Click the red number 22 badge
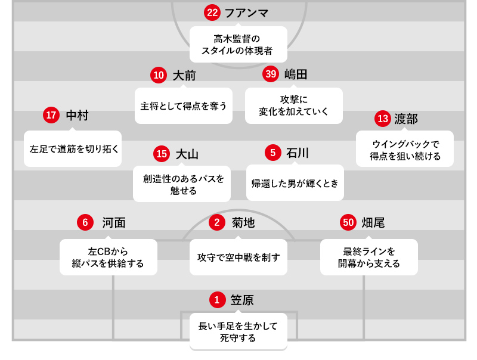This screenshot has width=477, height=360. [212, 13]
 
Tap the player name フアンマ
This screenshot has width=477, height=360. [246, 13]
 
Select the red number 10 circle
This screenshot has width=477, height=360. [158, 75]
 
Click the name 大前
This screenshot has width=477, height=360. [184, 76]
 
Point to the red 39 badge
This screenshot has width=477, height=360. [271, 74]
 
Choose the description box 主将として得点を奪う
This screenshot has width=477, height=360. [183, 106]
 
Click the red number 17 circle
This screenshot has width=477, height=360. [51, 115]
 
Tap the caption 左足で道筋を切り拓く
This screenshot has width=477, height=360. [73, 148]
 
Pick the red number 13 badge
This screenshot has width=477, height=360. [382, 119]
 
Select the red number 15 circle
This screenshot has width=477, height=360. [160, 154]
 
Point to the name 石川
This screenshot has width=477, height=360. [298, 153]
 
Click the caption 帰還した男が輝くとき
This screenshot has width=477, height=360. [295, 183]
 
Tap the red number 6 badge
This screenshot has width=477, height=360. [85, 222]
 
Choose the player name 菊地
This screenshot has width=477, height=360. [243, 223]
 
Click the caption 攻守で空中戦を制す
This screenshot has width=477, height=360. [238, 257]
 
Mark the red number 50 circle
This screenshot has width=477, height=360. [348, 222]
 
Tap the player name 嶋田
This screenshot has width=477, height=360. [296, 75]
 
